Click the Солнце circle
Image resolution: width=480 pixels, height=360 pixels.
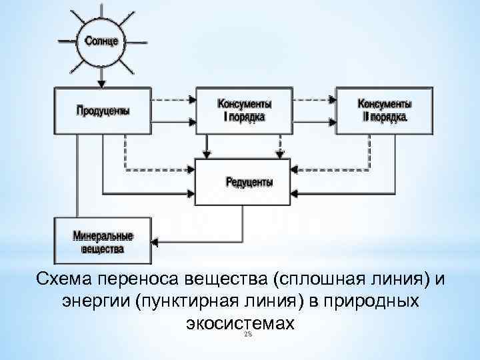101,41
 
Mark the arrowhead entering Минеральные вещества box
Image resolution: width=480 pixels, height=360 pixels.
155,241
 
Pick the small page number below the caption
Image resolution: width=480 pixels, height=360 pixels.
248,335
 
